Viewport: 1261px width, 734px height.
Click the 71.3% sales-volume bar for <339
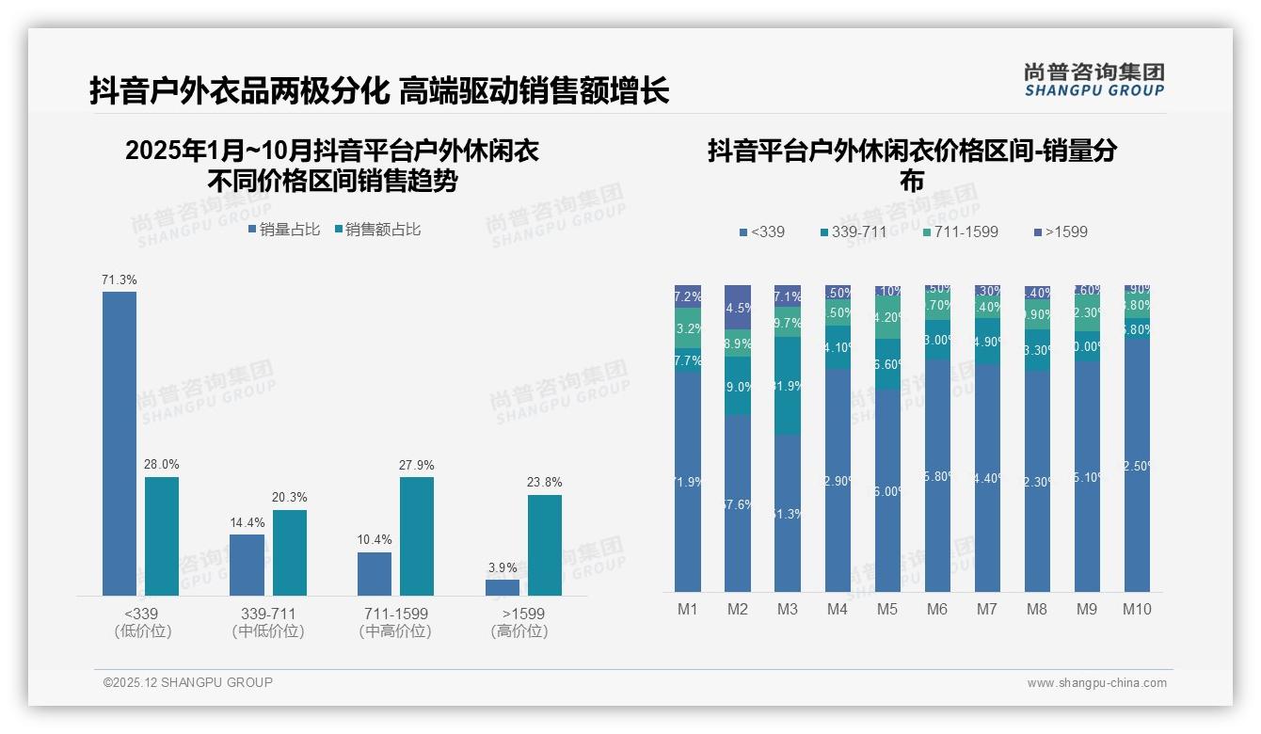click(120, 443)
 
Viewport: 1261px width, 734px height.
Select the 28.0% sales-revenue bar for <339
click(162, 536)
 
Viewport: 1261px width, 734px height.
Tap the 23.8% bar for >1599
click(544, 545)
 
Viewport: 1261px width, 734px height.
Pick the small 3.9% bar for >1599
click(503, 587)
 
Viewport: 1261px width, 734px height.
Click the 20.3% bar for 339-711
click(289, 552)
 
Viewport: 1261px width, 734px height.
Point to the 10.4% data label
click(375, 540)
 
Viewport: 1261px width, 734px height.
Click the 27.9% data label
click(417, 465)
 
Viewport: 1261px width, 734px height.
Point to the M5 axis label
click(887, 609)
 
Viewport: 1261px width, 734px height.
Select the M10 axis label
click(1137, 609)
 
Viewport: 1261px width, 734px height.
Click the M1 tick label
click(688, 609)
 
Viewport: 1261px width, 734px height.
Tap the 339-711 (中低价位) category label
click(268, 622)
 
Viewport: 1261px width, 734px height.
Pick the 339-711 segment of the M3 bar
click(788, 386)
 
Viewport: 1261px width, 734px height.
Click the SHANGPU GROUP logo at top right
click(1093, 80)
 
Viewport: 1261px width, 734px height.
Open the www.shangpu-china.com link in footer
click(1096, 683)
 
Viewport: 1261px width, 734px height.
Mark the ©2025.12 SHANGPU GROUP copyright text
click(188, 682)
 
